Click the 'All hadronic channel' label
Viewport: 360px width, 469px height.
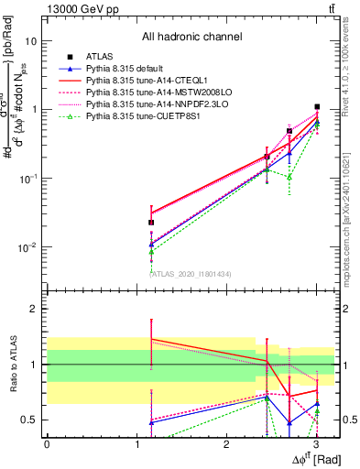coord(191,38)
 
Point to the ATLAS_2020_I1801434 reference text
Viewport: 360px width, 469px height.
coord(191,273)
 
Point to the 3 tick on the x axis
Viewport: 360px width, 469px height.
coord(316,443)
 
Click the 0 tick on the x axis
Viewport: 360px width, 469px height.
coord(47,443)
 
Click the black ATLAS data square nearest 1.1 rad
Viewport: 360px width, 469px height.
coord(151,223)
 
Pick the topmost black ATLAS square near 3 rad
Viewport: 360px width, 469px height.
coord(317,107)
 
